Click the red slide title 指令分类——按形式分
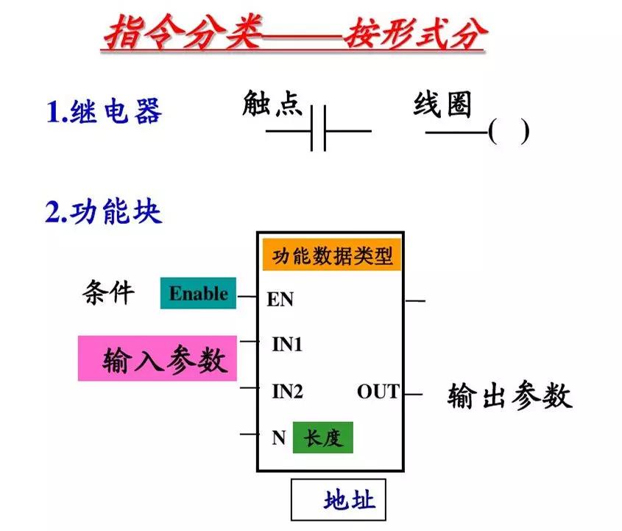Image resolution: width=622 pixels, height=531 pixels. click(x=293, y=34)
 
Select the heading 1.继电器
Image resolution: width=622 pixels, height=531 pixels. click(x=103, y=113)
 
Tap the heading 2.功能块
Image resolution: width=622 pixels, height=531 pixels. click(x=103, y=212)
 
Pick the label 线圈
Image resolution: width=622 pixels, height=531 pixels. click(x=442, y=105)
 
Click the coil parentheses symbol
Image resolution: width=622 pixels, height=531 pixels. click(x=508, y=133)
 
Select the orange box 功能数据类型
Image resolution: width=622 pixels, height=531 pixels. click(x=332, y=256)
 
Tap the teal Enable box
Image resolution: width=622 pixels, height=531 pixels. click(x=198, y=294)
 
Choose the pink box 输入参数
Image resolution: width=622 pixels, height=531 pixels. click(x=158, y=359)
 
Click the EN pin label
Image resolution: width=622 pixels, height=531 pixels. click(x=280, y=299)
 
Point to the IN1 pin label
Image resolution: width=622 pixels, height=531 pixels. click(x=287, y=344)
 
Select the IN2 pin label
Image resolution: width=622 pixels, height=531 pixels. click(x=287, y=392)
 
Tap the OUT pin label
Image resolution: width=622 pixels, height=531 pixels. click(x=378, y=392)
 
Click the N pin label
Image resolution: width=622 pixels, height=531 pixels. click(x=278, y=437)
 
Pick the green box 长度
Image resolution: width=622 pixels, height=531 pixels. click(x=322, y=438)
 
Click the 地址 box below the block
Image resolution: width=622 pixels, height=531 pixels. click(x=338, y=501)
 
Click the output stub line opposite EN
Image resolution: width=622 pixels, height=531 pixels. click(x=415, y=300)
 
